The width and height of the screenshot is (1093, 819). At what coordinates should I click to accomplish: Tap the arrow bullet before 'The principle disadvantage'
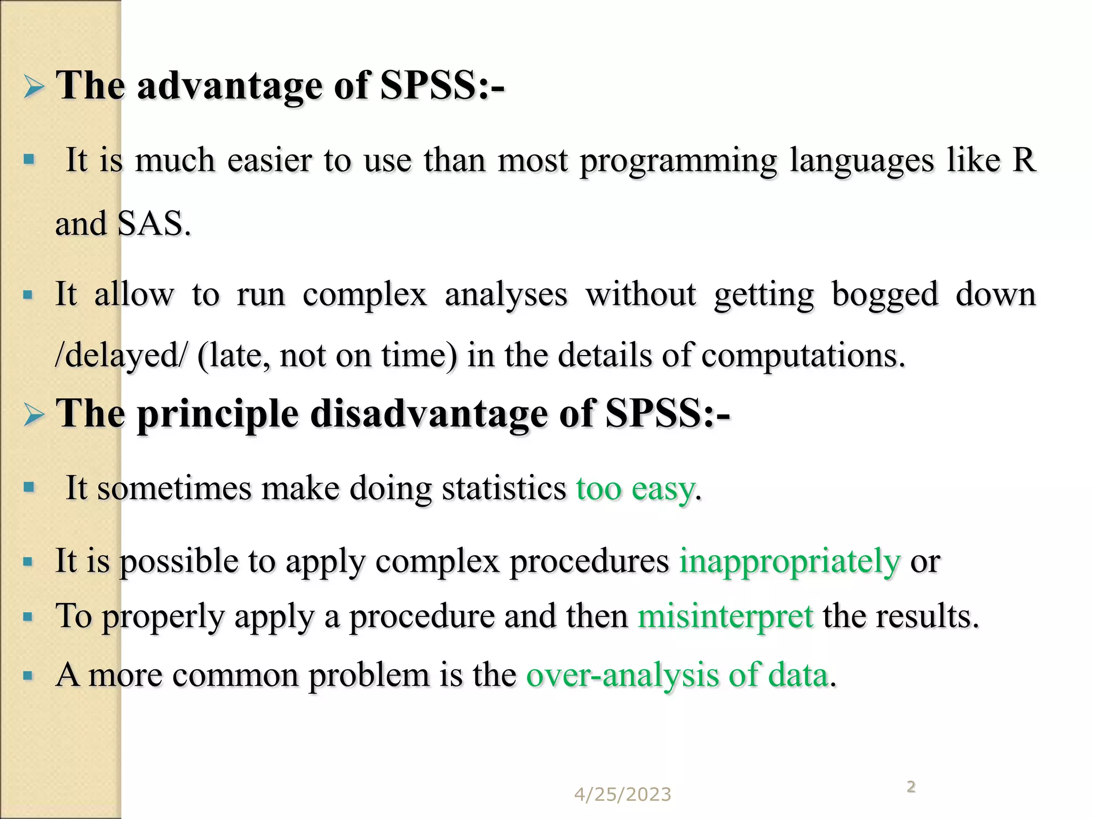34,414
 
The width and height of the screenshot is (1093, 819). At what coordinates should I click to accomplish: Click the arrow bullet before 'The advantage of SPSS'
34,86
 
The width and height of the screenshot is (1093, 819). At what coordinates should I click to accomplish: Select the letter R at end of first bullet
1024,159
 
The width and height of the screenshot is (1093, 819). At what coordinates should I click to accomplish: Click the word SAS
153,223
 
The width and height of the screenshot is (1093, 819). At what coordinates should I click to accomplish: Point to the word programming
678,162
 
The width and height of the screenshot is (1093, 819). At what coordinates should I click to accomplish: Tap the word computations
803,356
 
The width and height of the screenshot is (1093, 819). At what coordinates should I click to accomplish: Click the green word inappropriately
789,562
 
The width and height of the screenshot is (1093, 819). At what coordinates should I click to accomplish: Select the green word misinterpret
725,616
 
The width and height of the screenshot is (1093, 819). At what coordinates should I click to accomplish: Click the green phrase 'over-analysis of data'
678,675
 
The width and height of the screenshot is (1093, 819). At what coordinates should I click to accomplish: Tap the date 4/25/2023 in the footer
622,794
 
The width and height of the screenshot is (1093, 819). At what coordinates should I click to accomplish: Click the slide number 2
911,786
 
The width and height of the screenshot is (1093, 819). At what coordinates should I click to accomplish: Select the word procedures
589,562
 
